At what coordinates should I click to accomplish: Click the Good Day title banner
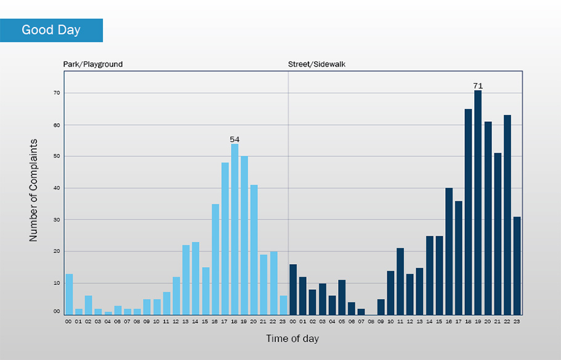pyautogui.click(x=51, y=30)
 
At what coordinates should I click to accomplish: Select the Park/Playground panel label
pyautogui.click(x=93, y=64)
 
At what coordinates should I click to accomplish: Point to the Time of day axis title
pyautogui.click(x=293, y=338)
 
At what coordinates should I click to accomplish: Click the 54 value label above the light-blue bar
pyautogui.click(x=235, y=140)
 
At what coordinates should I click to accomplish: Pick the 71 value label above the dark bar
pyautogui.click(x=478, y=86)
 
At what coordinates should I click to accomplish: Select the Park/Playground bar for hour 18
pyautogui.click(x=235, y=229)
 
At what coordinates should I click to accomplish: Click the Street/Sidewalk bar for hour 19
pyautogui.click(x=478, y=202)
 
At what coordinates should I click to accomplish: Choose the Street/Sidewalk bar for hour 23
pyautogui.click(x=517, y=265)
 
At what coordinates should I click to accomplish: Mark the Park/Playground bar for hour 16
pyautogui.click(x=216, y=259)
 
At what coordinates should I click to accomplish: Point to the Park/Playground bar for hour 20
pyautogui.click(x=254, y=249)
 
